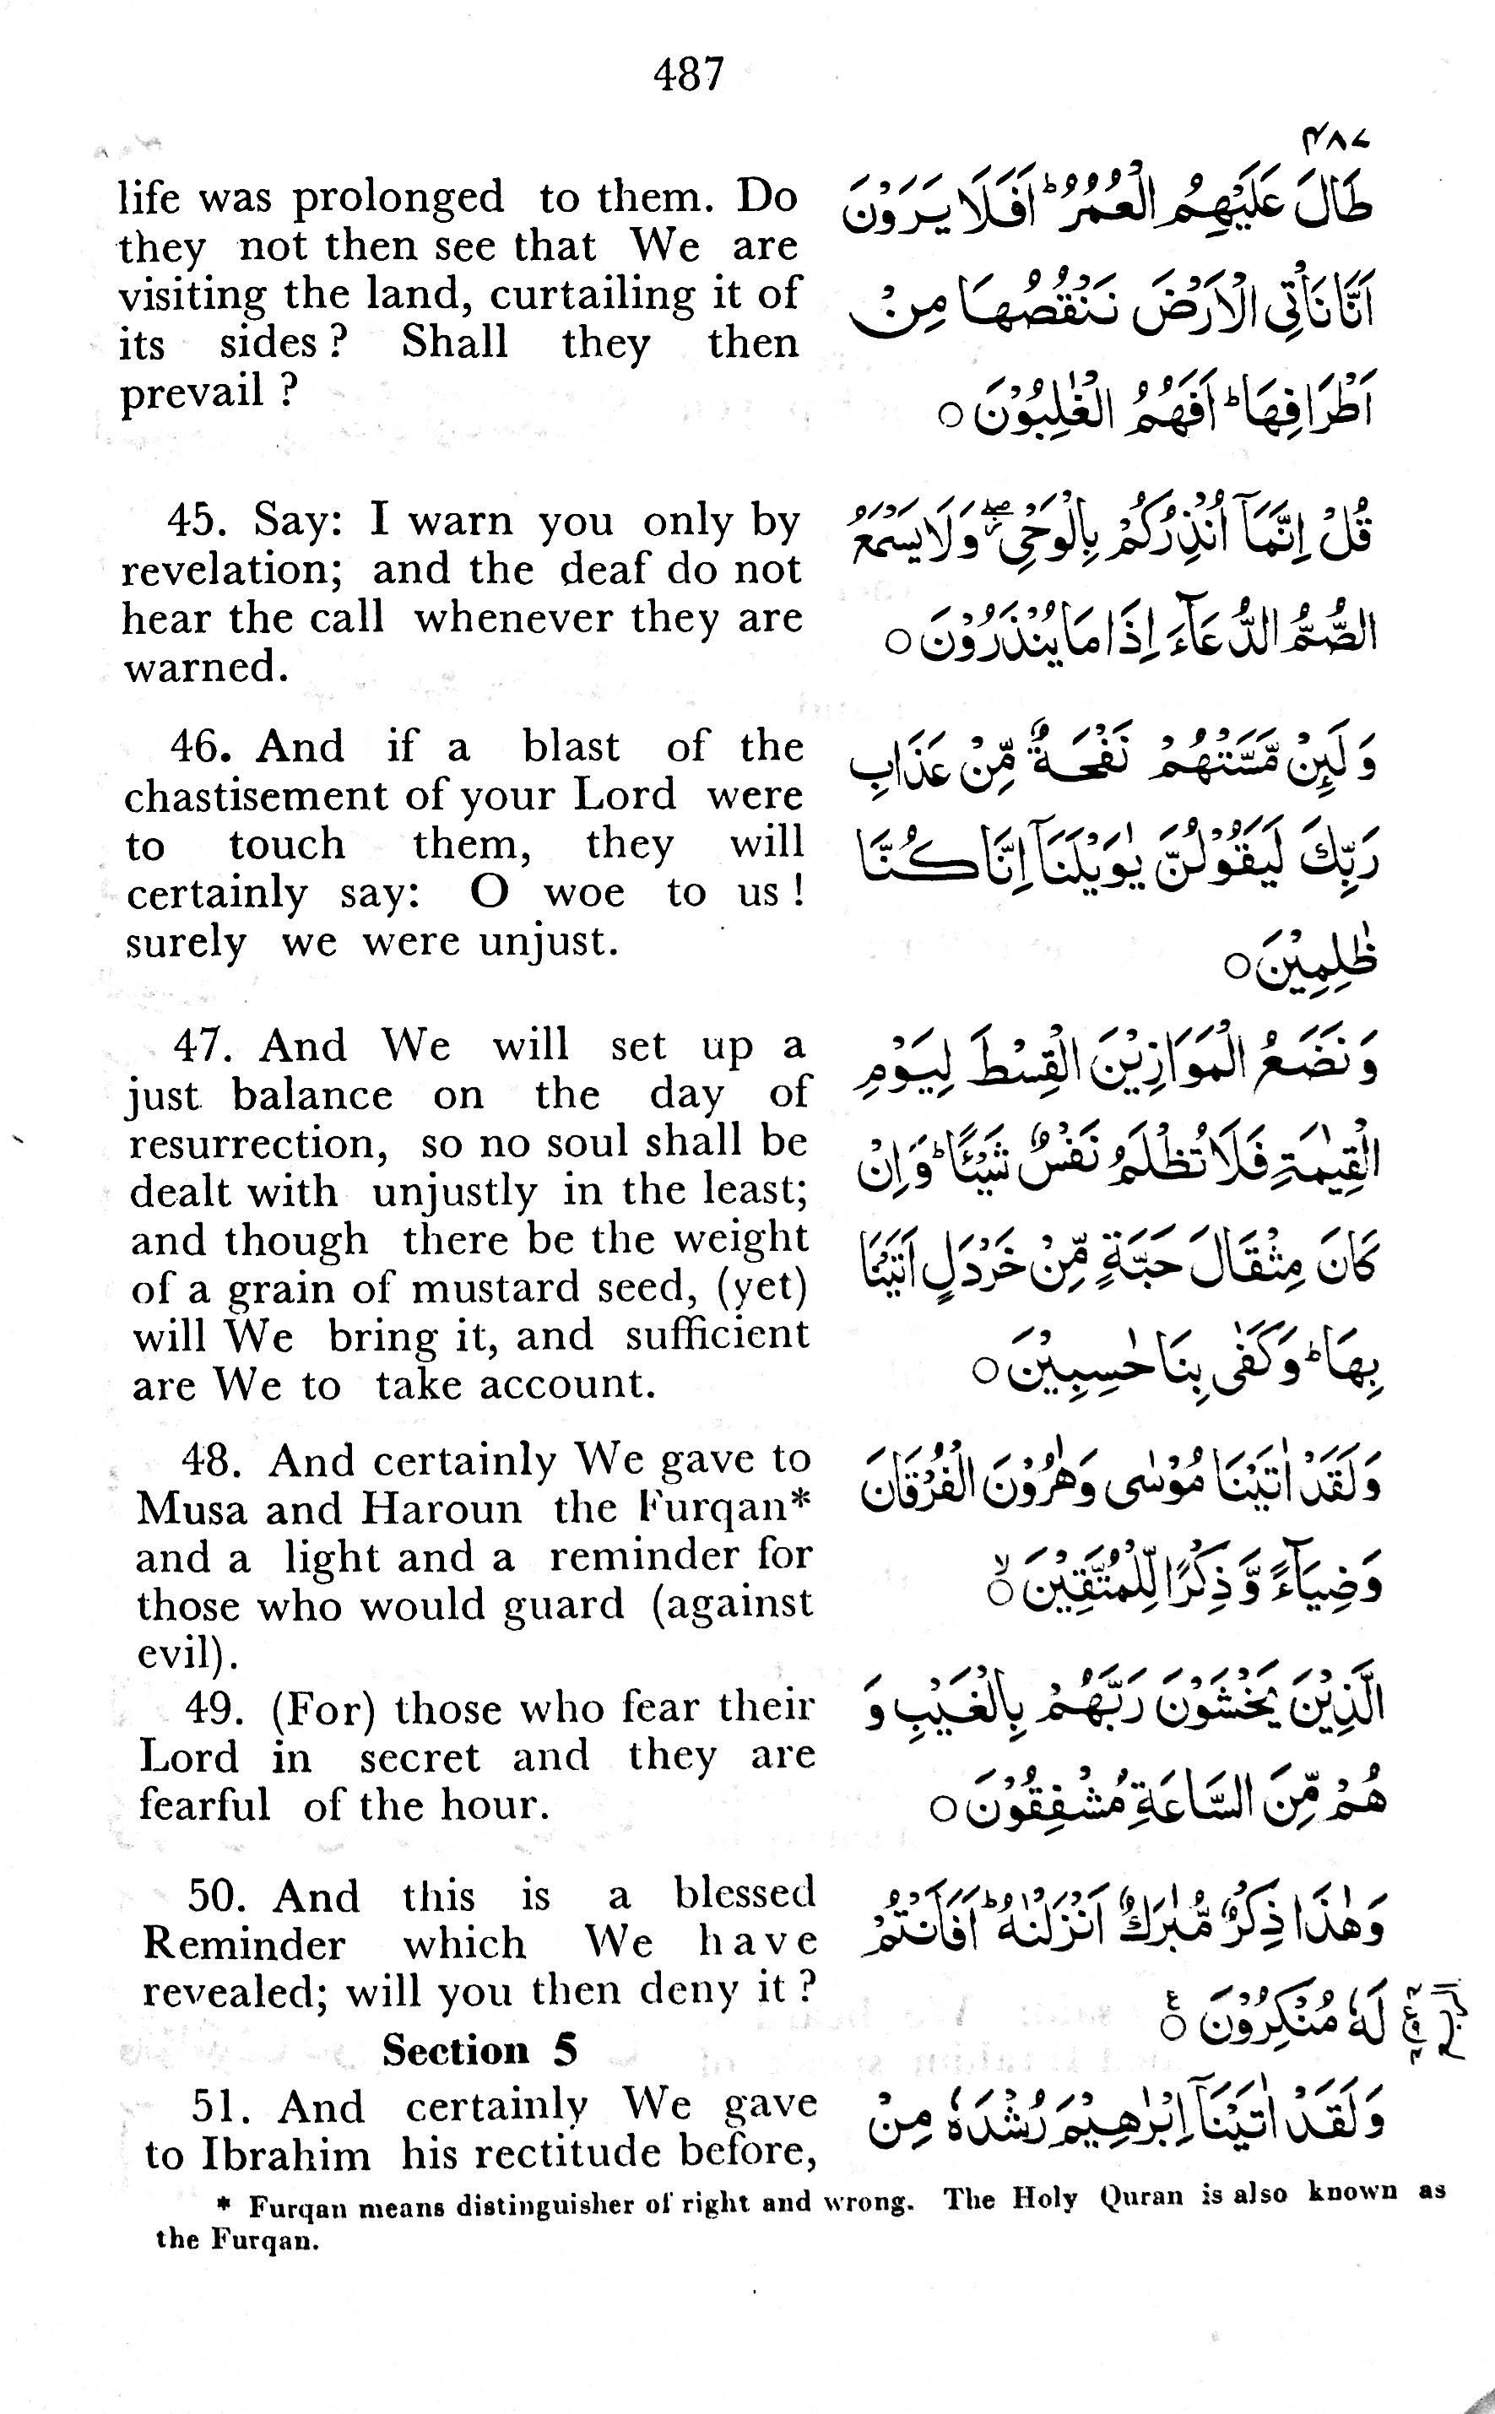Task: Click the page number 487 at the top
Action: point(689,74)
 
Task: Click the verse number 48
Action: point(213,1460)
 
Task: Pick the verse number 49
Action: point(214,1708)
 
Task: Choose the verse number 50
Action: point(219,1896)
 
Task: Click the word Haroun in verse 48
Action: point(440,1508)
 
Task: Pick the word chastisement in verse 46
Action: point(255,795)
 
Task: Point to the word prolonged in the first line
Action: point(398,198)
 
